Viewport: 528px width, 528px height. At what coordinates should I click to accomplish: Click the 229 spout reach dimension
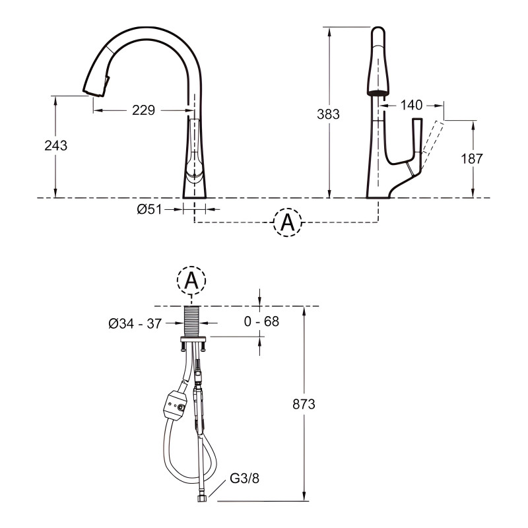(x=143, y=110)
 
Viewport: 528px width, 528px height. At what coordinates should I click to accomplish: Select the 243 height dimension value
(x=56, y=145)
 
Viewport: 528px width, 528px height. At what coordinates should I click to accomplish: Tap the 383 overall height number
(x=328, y=114)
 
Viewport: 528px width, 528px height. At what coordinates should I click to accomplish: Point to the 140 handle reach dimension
(x=411, y=105)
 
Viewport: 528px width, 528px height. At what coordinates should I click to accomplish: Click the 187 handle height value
(x=472, y=158)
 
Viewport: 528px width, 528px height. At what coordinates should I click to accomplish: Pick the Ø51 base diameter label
(x=150, y=209)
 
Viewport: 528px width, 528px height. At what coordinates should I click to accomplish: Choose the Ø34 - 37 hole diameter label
(x=135, y=323)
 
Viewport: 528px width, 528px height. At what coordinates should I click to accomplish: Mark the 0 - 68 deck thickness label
(x=261, y=321)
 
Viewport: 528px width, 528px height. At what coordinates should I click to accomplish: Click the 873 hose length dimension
(x=304, y=404)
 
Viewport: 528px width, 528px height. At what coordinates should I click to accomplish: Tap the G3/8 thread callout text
(x=245, y=478)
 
